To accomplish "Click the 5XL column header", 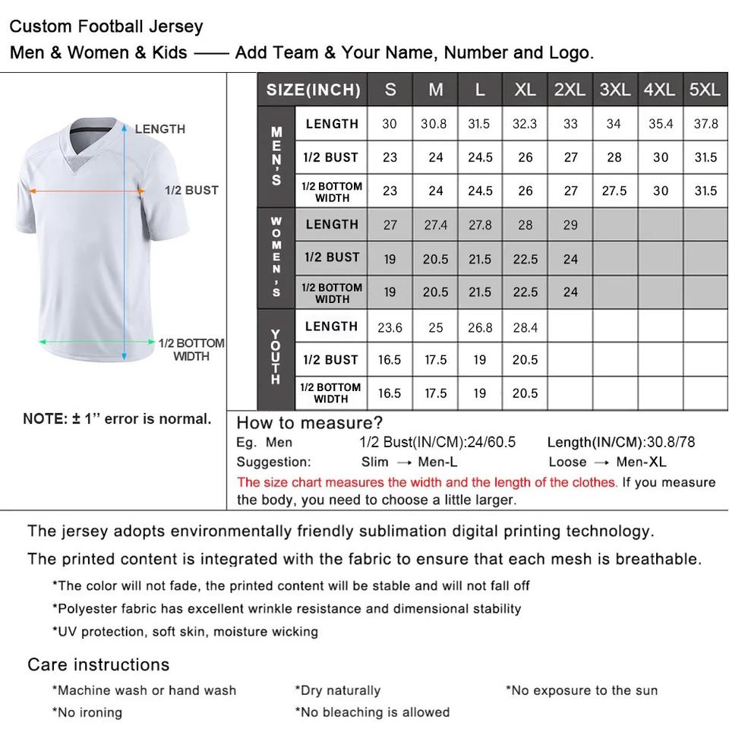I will coord(705,90).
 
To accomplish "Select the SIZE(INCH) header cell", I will coord(313,90).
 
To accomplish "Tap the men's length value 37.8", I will coord(705,124).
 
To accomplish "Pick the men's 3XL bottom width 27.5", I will coord(614,191).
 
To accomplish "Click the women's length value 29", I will coord(570,225).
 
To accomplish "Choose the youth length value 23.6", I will coord(390,328).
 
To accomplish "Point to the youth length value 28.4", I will coord(525,328).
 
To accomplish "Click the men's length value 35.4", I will coord(661,124).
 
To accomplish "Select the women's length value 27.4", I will coord(435,225).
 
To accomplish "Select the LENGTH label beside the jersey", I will coord(159,129).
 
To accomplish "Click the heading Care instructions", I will coord(98,664).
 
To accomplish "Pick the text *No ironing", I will coord(87,712).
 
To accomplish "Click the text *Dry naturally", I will coord(337,690).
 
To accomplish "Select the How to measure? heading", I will coord(310,422).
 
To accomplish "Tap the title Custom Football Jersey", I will coord(106,27).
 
